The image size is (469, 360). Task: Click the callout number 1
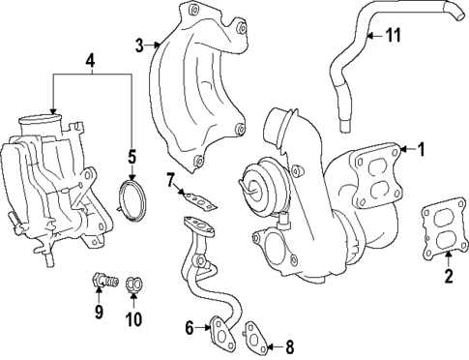tap(421, 148)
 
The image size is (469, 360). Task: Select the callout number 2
tap(448, 278)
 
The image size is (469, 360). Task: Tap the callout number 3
tap(140, 45)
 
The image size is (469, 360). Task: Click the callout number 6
tap(191, 328)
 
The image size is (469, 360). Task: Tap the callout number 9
tap(99, 312)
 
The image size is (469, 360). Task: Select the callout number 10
tap(134, 318)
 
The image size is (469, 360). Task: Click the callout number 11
tap(394, 36)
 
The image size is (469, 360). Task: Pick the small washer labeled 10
tap(135, 284)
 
